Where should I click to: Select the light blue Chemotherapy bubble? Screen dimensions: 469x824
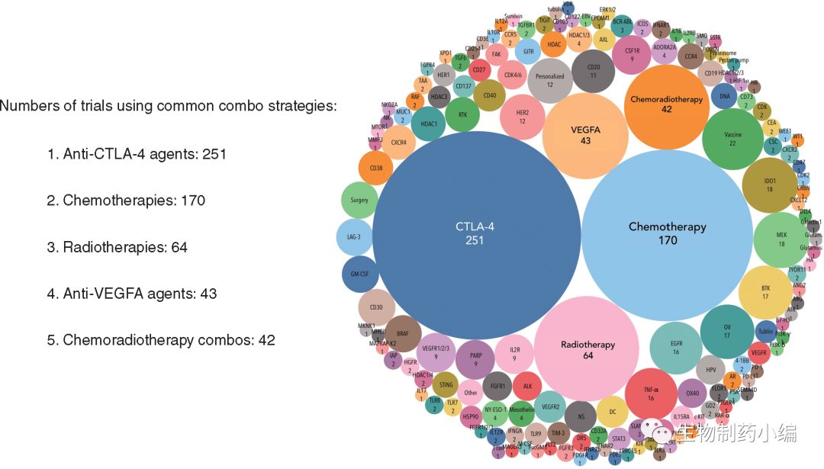point(668,233)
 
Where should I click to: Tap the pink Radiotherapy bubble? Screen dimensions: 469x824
point(587,349)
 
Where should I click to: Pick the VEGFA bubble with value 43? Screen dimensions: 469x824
point(586,135)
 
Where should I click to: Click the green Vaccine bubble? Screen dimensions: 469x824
point(732,139)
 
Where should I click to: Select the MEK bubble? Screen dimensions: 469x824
point(781,239)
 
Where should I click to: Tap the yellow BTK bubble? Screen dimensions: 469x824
point(766,292)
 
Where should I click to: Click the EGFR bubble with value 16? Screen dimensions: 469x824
point(675,348)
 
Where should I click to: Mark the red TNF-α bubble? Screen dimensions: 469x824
point(651,394)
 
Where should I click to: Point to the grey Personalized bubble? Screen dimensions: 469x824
point(549,81)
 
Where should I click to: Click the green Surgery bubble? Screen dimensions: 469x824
point(359,201)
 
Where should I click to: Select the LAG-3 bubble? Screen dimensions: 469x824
point(353,237)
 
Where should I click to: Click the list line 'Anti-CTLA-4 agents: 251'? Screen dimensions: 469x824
point(137,154)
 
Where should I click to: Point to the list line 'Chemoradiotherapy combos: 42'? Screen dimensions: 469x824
point(161,340)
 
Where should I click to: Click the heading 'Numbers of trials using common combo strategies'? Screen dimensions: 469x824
point(168,106)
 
